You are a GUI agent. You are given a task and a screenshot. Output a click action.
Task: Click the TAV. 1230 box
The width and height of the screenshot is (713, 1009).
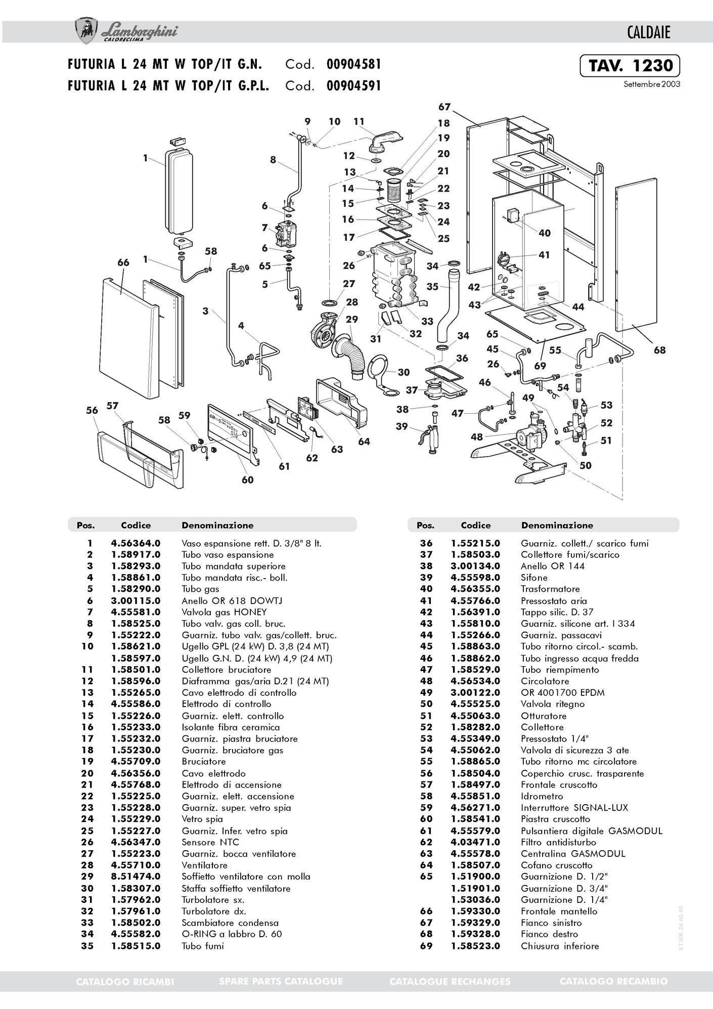[x=630, y=66]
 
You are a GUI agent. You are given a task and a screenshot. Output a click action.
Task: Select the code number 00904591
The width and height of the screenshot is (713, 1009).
[x=353, y=85]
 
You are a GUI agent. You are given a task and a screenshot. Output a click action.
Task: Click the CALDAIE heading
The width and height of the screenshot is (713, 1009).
[x=648, y=33]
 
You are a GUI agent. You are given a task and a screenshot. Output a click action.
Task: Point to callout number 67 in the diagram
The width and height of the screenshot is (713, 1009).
[x=444, y=107]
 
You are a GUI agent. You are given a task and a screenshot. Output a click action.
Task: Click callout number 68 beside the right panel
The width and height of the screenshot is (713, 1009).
[x=659, y=349]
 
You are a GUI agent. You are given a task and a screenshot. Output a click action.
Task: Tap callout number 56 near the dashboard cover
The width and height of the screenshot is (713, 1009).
[x=92, y=410]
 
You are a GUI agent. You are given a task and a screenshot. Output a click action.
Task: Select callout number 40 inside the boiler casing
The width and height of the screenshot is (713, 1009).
[x=544, y=233]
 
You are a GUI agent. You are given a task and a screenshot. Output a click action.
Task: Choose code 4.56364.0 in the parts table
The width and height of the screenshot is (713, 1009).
[x=136, y=543]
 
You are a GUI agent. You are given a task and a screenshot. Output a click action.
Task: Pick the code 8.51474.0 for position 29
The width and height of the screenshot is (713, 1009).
[x=136, y=876]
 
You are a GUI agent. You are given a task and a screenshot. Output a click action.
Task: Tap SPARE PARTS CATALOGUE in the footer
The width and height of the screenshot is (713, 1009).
[x=281, y=981]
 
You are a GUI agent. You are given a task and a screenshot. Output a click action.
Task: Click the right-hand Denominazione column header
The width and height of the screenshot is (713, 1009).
[x=557, y=525]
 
